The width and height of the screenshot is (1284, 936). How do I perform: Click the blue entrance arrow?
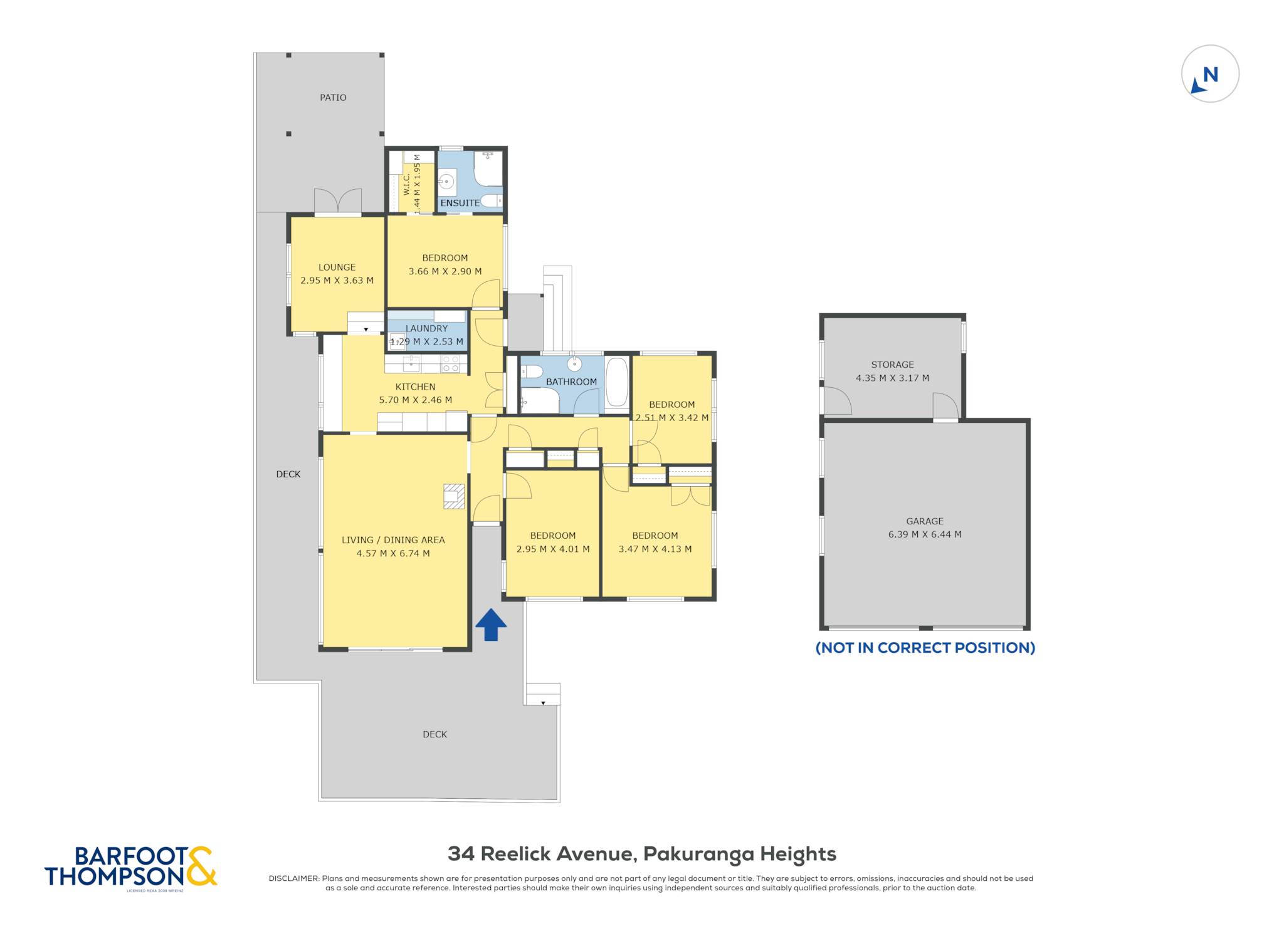[x=491, y=625]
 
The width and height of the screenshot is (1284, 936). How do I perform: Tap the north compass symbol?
[x=1210, y=73]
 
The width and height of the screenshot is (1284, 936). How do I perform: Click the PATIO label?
[x=333, y=98]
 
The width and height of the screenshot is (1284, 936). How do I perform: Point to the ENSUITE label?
[x=460, y=203]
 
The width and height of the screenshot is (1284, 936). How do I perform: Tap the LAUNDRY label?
[x=426, y=328]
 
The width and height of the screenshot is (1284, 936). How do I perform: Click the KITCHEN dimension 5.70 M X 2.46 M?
[x=415, y=400]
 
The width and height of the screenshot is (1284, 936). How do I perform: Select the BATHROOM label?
[x=571, y=382]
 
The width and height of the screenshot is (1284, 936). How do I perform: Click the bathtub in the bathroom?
[x=617, y=382]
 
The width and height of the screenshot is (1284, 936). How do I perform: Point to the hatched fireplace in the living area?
[x=454, y=496]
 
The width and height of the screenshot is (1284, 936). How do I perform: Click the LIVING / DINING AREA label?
[x=393, y=540]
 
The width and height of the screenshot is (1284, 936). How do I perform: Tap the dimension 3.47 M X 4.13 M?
[x=655, y=549]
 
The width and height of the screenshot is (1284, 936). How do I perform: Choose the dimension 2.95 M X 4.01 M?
[x=553, y=549]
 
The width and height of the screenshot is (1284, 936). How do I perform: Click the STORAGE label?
[x=892, y=365]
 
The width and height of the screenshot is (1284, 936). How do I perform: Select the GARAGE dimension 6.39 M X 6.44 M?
[x=925, y=534]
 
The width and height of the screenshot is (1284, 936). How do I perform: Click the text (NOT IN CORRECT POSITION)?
[x=925, y=648]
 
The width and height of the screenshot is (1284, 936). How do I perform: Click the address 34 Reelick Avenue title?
[x=642, y=854]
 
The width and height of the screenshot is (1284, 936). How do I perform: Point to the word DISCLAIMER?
[x=294, y=878]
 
